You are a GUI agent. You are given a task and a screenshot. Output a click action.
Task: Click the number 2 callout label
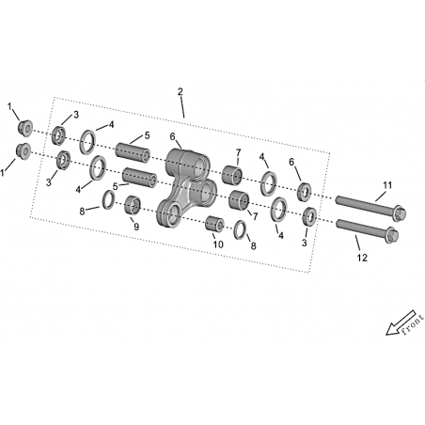click(180, 92)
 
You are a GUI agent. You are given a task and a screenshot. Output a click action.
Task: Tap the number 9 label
click(136, 227)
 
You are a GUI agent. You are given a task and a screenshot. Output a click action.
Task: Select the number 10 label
click(218, 244)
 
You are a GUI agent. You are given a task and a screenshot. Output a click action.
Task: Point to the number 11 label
click(387, 185)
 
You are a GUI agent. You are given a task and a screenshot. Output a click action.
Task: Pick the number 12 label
click(362, 258)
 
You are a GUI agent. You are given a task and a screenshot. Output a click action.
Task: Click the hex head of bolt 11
click(399, 213)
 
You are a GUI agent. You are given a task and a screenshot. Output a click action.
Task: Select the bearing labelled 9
click(133, 205)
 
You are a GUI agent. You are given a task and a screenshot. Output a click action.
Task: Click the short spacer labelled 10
click(214, 224)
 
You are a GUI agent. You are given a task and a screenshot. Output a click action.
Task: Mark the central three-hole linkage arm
click(185, 181)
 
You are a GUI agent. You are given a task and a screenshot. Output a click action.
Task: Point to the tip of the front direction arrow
click(386, 334)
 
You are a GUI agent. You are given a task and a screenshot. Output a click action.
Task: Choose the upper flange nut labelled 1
click(24, 128)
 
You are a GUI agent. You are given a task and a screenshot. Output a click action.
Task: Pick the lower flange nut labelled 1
click(24, 151)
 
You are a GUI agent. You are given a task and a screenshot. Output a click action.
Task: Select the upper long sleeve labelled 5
click(133, 152)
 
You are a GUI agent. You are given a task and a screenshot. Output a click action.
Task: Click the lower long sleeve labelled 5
click(139, 178)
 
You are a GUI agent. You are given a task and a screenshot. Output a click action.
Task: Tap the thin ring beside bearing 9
click(109, 199)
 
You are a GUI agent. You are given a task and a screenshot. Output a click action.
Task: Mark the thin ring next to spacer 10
click(240, 229)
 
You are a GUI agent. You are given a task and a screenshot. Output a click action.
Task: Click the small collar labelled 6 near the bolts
click(304, 192)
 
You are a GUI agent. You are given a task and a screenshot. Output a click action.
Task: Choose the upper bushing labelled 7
click(232, 175)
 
